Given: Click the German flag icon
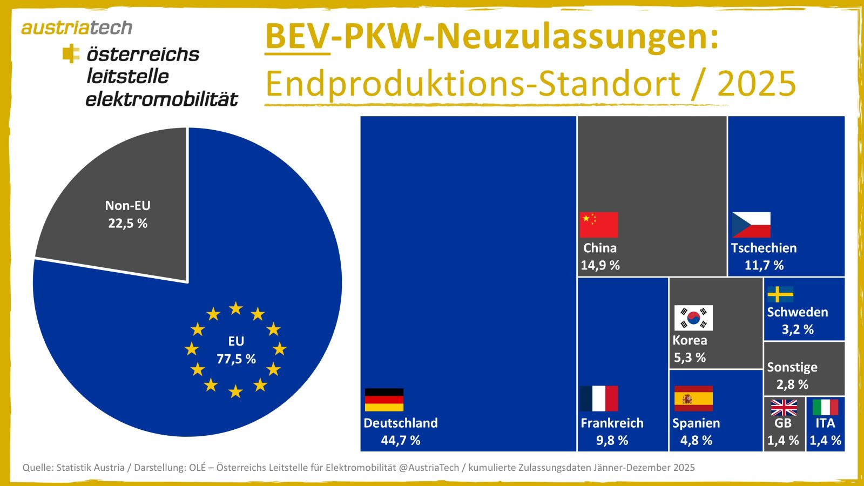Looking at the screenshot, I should point(384,400).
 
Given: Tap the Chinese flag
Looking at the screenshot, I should point(598,225).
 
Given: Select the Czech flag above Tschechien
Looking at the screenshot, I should point(751,225).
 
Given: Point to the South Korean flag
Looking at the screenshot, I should point(693,318).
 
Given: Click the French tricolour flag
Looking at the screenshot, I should point(598,399).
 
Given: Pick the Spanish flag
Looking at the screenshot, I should point(693,399).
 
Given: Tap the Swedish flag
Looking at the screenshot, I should point(780,294).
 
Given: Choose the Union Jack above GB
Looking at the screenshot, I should point(784,407).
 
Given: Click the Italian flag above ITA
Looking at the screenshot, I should point(825,407).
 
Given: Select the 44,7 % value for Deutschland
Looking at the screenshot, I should point(401,440).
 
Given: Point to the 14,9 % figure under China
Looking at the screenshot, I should point(600,265).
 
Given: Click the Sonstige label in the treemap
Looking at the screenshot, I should point(792,367).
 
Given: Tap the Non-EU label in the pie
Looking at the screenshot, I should point(128,205).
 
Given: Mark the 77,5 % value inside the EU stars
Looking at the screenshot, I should point(236,359).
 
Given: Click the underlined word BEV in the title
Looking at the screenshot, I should point(297,37).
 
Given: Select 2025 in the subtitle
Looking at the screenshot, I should point(756,84).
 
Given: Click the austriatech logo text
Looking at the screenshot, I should point(77,28).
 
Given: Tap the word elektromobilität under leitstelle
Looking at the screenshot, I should point(161,99).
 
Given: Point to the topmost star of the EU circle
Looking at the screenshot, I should point(236,308).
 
